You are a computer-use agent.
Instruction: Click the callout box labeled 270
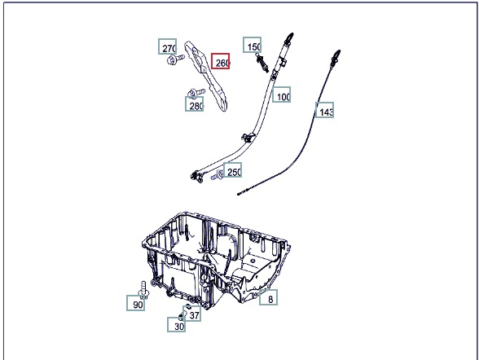pyautogui.click(x=168, y=46)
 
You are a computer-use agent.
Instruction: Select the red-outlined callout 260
pyautogui.click(x=220, y=61)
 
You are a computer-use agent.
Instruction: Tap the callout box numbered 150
pyautogui.click(x=253, y=45)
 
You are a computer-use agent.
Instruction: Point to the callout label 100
pyautogui.click(x=281, y=94)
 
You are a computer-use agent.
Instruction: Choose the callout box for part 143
pyautogui.click(x=324, y=110)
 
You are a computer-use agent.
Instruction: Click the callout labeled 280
pyautogui.click(x=194, y=103)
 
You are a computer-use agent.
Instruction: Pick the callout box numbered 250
pyautogui.click(x=232, y=170)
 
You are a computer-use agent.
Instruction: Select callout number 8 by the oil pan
pyautogui.click(x=269, y=297)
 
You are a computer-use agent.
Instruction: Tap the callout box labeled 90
pyautogui.click(x=135, y=303)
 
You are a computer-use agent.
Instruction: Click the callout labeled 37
pyautogui.click(x=192, y=314)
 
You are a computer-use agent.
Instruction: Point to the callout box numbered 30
pyautogui.click(x=176, y=324)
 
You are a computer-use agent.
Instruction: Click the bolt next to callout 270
pyautogui.click(x=176, y=59)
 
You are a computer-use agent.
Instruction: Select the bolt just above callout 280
pyautogui.click(x=196, y=93)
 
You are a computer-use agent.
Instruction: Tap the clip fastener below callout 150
pyautogui.click(x=262, y=63)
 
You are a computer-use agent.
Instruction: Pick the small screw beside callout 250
pyautogui.click(x=218, y=176)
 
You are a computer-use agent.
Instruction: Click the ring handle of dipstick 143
pyautogui.click(x=336, y=55)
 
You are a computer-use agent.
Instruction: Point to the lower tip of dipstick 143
pyautogui.click(x=238, y=194)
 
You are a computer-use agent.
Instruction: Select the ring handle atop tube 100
pyautogui.click(x=289, y=38)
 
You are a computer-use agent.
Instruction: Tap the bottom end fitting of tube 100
pyautogui.click(x=196, y=177)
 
